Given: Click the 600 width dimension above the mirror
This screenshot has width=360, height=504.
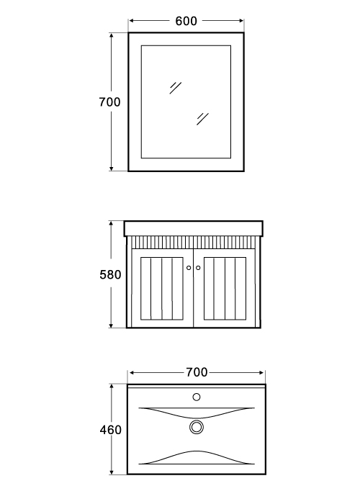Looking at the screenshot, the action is (186, 21).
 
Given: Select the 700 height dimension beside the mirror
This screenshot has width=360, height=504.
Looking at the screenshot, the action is (109, 102).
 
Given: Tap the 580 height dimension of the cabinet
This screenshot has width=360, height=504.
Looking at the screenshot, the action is (110, 275).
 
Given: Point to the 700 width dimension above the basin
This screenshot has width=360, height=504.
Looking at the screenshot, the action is (197, 372).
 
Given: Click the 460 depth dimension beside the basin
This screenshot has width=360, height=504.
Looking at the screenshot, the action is (111, 430).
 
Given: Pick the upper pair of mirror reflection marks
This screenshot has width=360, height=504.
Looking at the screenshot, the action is (176, 88).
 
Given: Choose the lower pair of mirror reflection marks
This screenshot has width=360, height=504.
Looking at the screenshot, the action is (202, 119).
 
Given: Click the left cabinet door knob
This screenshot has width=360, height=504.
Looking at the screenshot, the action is (189, 268).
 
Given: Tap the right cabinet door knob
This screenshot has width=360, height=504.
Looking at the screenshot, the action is (198, 268).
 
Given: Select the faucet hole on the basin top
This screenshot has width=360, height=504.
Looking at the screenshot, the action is (197, 397).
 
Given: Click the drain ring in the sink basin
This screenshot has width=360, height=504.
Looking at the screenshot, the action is (197, 427).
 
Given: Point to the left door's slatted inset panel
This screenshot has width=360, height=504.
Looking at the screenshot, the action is (162, 289).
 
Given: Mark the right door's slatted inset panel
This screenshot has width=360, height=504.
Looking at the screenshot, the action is (225, 289).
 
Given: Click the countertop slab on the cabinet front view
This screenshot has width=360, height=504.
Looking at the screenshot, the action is (194, 228).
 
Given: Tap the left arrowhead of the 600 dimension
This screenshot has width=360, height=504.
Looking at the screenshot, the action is (131, 21).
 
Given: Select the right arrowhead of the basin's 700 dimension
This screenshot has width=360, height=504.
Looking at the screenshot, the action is (261, 372).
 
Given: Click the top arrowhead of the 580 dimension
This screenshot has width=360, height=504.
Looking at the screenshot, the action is (111, 224).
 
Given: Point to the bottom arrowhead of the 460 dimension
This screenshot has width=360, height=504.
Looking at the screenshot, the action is (112, 472).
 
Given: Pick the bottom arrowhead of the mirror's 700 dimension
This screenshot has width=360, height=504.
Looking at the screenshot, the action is (111, 168).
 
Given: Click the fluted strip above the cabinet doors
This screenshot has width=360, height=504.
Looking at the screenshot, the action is (194, 243).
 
